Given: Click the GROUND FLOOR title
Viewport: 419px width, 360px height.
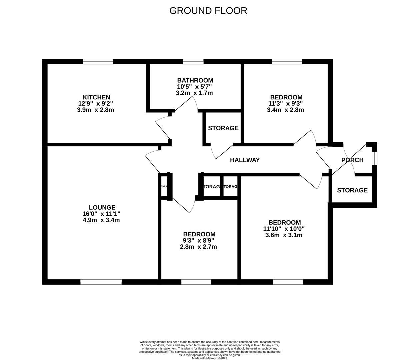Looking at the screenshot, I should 208,11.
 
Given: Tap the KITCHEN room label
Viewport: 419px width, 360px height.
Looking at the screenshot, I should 96,97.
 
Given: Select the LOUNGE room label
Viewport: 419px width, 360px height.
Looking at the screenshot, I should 102,207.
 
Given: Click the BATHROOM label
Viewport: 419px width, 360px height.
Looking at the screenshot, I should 195,80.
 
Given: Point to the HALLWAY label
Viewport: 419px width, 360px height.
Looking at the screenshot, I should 245,160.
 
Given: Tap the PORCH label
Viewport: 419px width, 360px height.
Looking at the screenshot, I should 352,160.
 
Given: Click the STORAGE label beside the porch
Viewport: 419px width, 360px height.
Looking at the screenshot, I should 352,190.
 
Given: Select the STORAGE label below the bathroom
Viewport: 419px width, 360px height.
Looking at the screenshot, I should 223,128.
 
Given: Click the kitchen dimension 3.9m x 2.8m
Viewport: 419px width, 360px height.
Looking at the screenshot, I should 95,110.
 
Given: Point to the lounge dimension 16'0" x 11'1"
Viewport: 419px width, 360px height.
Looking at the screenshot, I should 101,214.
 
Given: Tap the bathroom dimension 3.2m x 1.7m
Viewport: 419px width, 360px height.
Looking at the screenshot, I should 194,93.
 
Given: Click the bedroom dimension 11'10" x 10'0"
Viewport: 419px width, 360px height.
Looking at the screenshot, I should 284,229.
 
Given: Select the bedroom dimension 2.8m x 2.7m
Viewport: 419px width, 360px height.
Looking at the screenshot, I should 199,247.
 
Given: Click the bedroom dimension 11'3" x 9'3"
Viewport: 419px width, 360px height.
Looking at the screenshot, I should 285,103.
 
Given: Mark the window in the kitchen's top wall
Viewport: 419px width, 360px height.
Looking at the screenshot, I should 98,61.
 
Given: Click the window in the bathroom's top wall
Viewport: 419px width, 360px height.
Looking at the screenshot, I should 193,61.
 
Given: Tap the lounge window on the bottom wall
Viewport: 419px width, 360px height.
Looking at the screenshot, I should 101,282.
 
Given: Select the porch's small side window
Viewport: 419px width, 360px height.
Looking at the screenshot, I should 375,158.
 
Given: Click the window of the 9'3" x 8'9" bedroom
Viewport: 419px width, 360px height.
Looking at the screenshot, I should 196,282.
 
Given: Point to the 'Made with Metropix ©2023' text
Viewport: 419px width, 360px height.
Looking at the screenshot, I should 209,358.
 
